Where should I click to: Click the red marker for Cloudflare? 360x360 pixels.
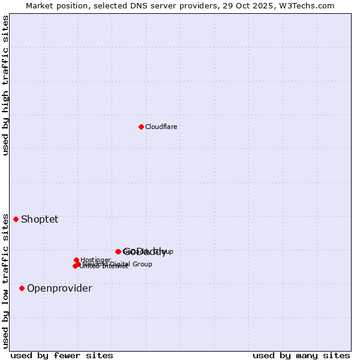(x=141, y=127)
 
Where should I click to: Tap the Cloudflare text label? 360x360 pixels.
(x=161, y=127)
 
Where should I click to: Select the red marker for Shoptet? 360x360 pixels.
(x=16, y=219)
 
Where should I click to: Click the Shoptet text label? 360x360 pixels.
(x=40, y=219)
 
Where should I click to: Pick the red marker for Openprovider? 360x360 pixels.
(x=22, y=289)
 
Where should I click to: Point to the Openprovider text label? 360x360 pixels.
(x=59, y=289)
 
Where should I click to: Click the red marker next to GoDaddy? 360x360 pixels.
(x=118, y=251)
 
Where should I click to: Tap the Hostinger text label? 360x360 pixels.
(x=95, y=260)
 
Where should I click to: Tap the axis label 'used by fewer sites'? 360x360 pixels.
(x=62, y=355)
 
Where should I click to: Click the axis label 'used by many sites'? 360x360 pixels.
(x=301, y=355)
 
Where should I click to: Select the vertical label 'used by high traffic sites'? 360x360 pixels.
(x=5, y=85)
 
